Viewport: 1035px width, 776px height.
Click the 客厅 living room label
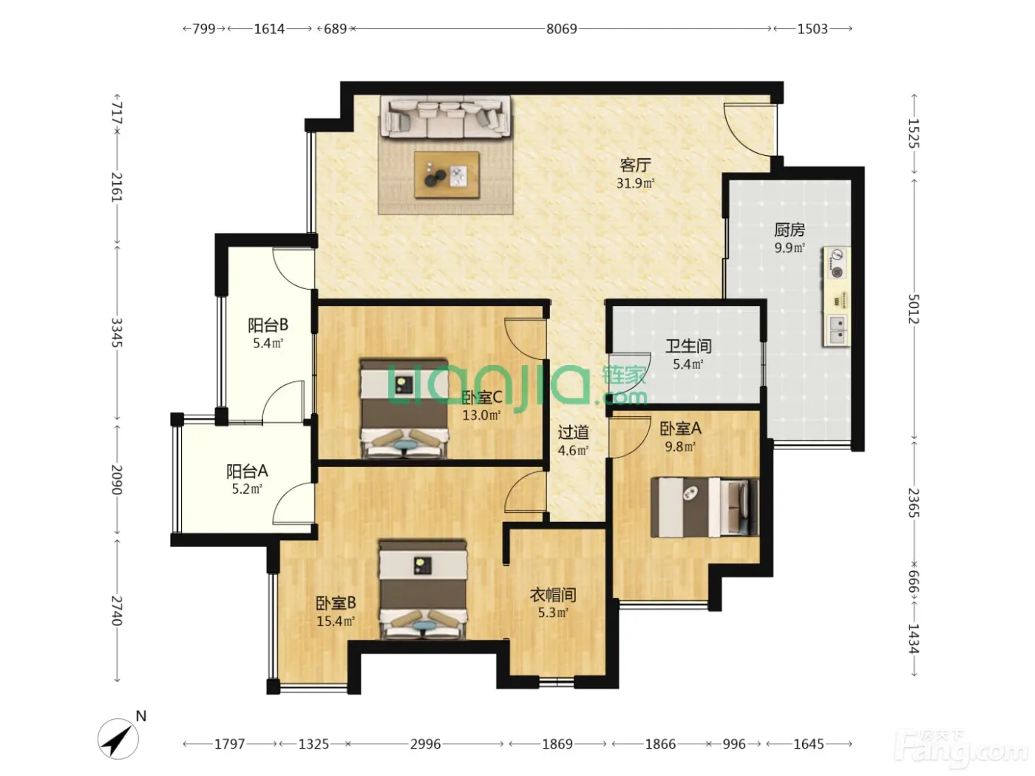(635, 165)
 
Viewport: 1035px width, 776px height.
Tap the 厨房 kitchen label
(790, 230)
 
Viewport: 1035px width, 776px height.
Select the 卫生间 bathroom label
(688, 347)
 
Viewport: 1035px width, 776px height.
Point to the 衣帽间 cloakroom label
(553, 595)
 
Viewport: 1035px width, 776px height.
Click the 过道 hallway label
(573, 432)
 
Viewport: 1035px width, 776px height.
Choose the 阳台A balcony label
(247, 471)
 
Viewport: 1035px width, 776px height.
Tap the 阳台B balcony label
(268, 325)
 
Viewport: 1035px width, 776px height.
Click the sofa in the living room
(446, 117)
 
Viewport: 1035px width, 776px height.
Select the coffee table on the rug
(447, 175)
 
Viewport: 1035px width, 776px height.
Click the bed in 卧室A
(705, 508)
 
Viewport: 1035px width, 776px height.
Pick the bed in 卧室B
(424, 590)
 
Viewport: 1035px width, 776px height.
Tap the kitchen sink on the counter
(837, 330)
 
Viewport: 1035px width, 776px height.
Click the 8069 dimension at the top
(561, 29)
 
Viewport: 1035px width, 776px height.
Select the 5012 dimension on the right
(913, 309)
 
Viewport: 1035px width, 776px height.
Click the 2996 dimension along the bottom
(425, 744)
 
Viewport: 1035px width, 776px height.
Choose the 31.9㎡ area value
(635, 183)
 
